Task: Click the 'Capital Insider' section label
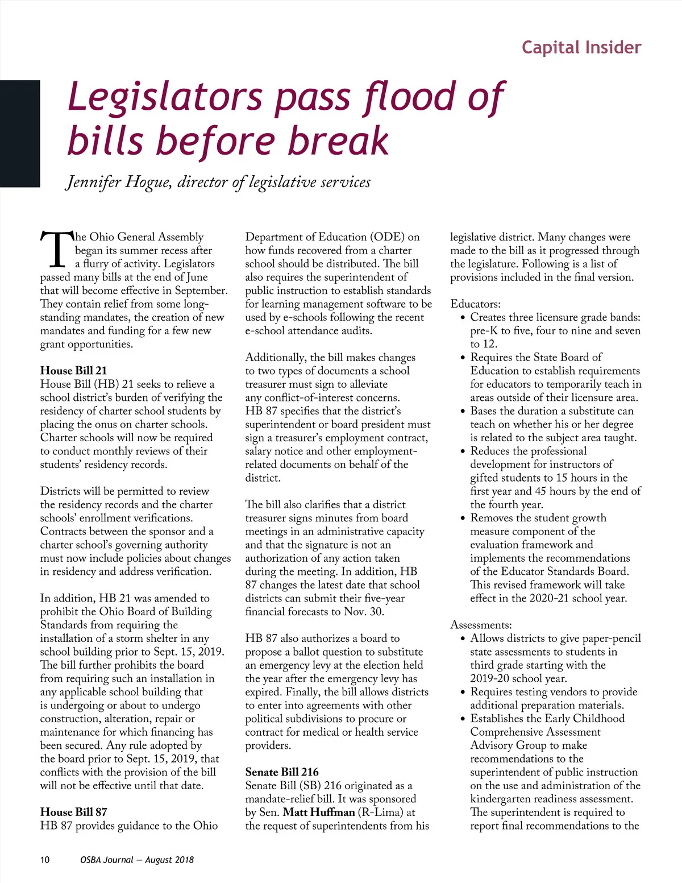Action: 581,47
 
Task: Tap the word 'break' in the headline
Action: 338,141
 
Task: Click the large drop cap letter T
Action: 57,249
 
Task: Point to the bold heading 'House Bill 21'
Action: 73,371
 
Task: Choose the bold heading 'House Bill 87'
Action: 73,812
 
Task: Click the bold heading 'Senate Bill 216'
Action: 282,772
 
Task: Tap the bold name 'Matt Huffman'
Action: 319,812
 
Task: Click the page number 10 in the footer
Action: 45,860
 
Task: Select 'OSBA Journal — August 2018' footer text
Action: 137,860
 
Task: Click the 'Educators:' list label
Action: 475,304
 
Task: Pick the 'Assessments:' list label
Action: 481,625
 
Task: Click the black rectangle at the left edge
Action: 20,134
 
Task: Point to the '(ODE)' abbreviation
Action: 388,237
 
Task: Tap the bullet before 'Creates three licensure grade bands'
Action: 463,318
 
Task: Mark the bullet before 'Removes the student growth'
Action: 463,519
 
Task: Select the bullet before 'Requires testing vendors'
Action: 463,693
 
